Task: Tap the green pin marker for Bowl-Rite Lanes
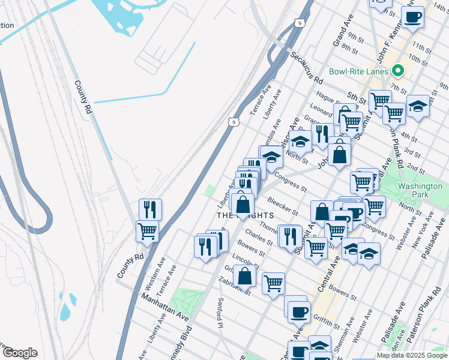point(397,71)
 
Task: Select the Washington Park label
point(420,191)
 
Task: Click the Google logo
point(20,353)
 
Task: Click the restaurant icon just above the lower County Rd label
point(150,209)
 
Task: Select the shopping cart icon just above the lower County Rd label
point(147,230)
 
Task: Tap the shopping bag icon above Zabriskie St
point(245,276)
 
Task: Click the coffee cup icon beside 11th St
point(412,17)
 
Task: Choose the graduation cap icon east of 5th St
point(418,106)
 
